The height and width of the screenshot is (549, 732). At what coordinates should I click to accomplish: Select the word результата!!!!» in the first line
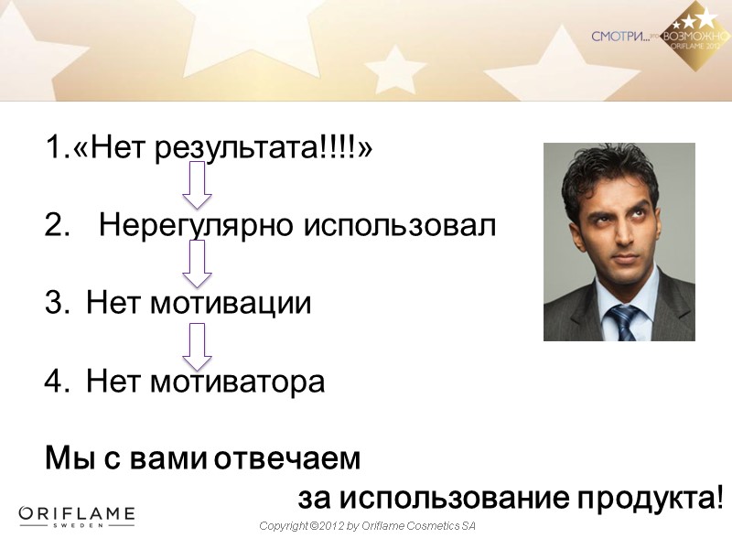coord(264,149)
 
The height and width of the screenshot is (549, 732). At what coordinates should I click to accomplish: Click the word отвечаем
coord(287,458)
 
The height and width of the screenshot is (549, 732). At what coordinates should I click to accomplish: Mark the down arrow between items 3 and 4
coord(197,346)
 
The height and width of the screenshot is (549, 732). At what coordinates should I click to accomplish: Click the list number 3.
coord(53,303)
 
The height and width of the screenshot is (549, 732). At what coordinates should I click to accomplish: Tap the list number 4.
coord(53,382)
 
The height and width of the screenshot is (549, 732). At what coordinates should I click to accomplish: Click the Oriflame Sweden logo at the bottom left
coord(77,517)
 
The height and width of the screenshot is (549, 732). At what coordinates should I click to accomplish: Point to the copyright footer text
coord(368,527)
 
